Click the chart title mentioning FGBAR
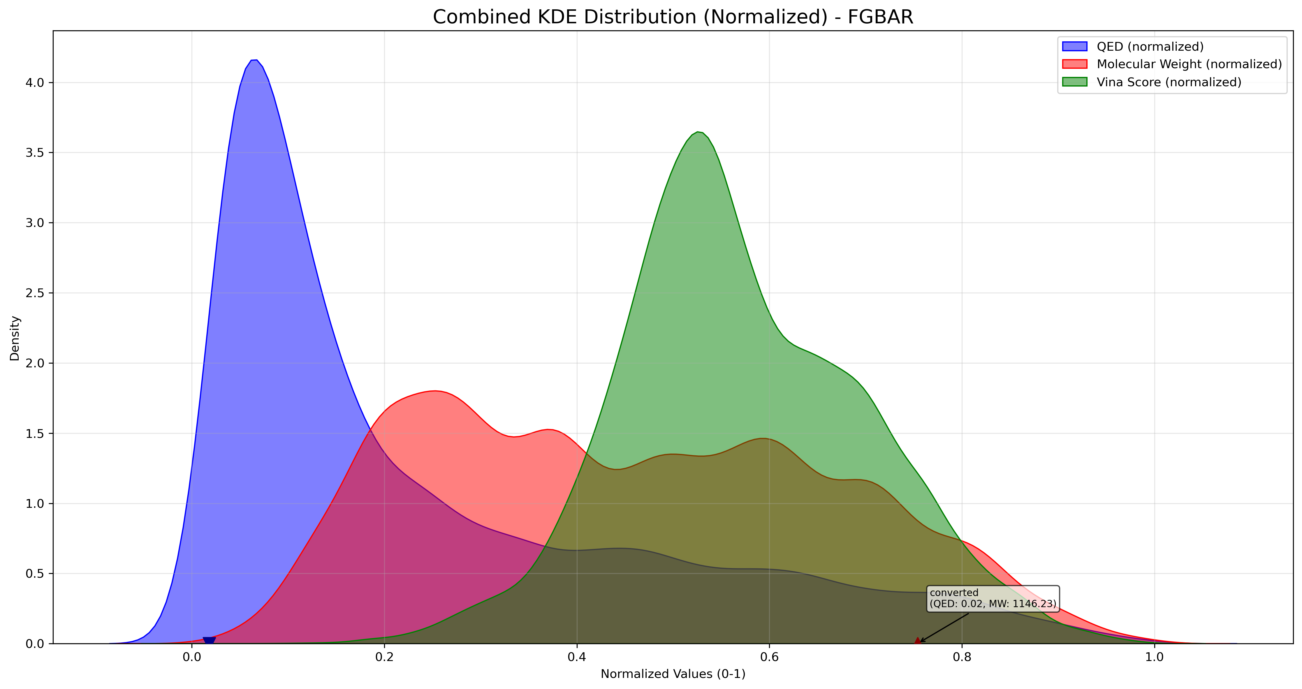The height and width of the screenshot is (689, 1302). (x=673, y=17)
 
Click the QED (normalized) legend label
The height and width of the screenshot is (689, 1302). (x=1150, y=47)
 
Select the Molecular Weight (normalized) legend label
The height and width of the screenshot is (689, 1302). (x=1189, y=64)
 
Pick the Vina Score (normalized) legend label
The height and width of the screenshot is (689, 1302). (x=1169, y=82)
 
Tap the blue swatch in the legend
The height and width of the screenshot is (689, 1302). (x=1074, y=47)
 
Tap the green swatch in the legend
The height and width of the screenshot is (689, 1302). (x=1074, y=82)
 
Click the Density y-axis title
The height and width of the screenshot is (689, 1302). (x=15, y=338)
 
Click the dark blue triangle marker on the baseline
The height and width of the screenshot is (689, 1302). (x=209, y=641)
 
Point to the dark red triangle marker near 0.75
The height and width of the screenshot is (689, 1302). (x=917, y=641)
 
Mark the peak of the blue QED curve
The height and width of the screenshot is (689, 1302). (x=255, y=60)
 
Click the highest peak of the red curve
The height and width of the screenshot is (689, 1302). (x=436, y=391)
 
